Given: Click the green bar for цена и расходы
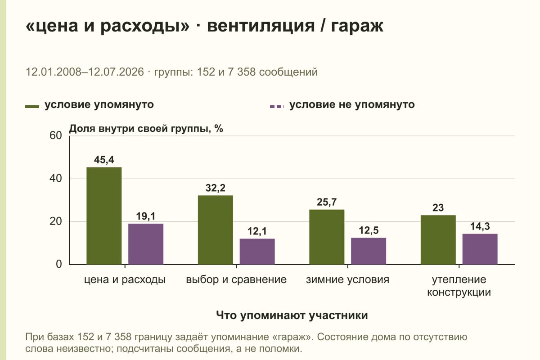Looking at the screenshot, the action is [x=104, y=216].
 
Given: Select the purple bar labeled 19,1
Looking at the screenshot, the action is [x=146, y=244].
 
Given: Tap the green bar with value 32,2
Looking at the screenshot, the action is [x=215, y=230].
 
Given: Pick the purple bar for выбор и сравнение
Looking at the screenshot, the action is [x=257, y=252].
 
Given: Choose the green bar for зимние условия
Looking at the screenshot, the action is [x=327, y=237].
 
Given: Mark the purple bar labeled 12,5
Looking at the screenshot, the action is [x=369, y=251].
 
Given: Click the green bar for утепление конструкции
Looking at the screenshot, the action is [x=438, y=240].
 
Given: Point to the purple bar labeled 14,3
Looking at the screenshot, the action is [x=480, y=249].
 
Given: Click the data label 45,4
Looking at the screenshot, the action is [x=104, y=160].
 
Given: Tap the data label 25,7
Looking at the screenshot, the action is [x=327, y=202].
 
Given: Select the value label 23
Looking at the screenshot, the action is [x=438, y=207].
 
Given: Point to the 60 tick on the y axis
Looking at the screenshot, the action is [x=56, y=135].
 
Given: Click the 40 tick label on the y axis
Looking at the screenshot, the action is [x=56, y=179].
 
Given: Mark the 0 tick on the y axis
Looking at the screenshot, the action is [x=59, y=264].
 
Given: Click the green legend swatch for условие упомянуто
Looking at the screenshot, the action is [x=32, y=107].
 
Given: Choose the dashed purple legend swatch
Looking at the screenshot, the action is [x=277, y=107].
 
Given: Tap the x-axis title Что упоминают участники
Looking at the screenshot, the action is [x=292, y=315].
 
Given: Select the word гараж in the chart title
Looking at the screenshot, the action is [x=357, y=26].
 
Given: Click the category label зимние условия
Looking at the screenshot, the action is [x=347, y=280].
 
